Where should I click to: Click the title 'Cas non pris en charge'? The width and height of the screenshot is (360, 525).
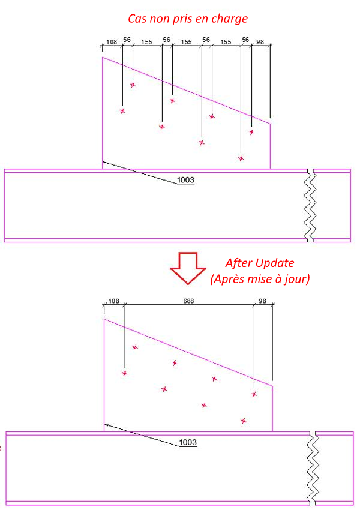pyautogui.click(x=188, y=19)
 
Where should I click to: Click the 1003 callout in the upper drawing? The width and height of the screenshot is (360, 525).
pyautogui.click(x=186, y=180)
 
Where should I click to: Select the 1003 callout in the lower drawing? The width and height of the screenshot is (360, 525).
pyautogui.click(x=188, y=443)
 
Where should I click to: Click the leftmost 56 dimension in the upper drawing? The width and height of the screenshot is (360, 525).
pyautogui.click(x=127, y=40)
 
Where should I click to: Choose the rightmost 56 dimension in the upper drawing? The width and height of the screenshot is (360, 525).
pyautogui.click(x=245, y=40)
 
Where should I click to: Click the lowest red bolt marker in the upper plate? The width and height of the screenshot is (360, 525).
pyautogui.click(x=241, y=158)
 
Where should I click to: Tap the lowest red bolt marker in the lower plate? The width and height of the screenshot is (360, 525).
pyautogui.click(x=244, y=421)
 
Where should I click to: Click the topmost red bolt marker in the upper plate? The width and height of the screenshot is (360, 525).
pyautogui.click(x=133, y=85)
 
